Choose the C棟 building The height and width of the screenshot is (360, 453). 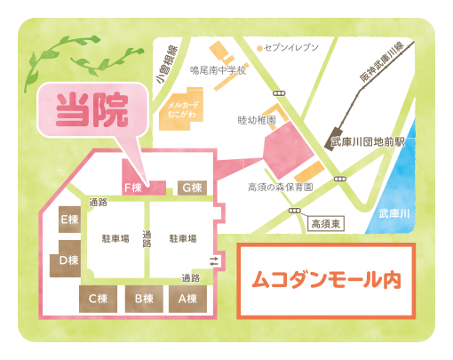tap(98, 299)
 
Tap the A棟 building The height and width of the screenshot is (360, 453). tap(187, 299)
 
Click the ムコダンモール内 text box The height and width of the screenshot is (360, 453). tap(325, 280)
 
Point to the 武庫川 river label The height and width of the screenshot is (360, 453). tap(393, 214)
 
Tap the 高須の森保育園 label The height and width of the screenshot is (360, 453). tap(279, 188)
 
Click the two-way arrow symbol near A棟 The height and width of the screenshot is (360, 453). tap(214, 260)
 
